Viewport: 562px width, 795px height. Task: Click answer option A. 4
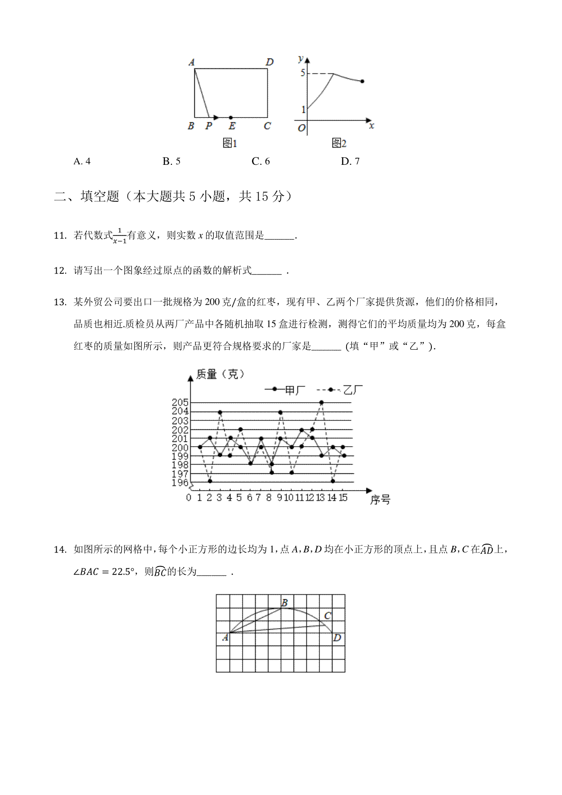pyautogui.click(x=82, y=162)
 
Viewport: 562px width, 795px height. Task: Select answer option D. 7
pyautogui.click(x=350, y=162)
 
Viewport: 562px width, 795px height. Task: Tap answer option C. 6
pyautogui.click(x=260, y=162)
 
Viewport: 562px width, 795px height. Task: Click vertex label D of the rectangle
pyautogui.click(x=269, y=62)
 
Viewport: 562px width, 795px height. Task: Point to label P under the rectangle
pyautogui.click(x=208, y=126)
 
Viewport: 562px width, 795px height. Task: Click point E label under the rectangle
pyautogui.click(x=232, y=126)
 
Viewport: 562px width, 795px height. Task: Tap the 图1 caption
pyautogui.click(x=229, y=143)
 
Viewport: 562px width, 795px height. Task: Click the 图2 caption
pyautogui.click(x=339, y=143)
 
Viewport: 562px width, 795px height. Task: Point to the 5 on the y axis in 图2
pyautogui.click(x=303, y=73)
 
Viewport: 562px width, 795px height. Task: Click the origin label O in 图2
pyautogui.click(x=302, y=128)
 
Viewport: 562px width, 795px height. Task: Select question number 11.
pyautogui.click(x=60, y=236)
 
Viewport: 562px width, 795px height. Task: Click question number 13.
pyautogui.click(x=60, y=302)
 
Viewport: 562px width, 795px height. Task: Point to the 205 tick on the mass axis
pyautogui.click(x=180, y=402)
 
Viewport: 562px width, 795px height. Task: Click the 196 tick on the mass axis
pyautogui.click(x=180, y=483)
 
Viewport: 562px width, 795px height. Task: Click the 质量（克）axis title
pyautogui.click(x=220, y=374)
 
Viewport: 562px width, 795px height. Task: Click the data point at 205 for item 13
pyautogui.click(x=321, y=402)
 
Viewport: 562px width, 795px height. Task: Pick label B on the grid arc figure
pyautogui.click(x=284, y=603)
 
